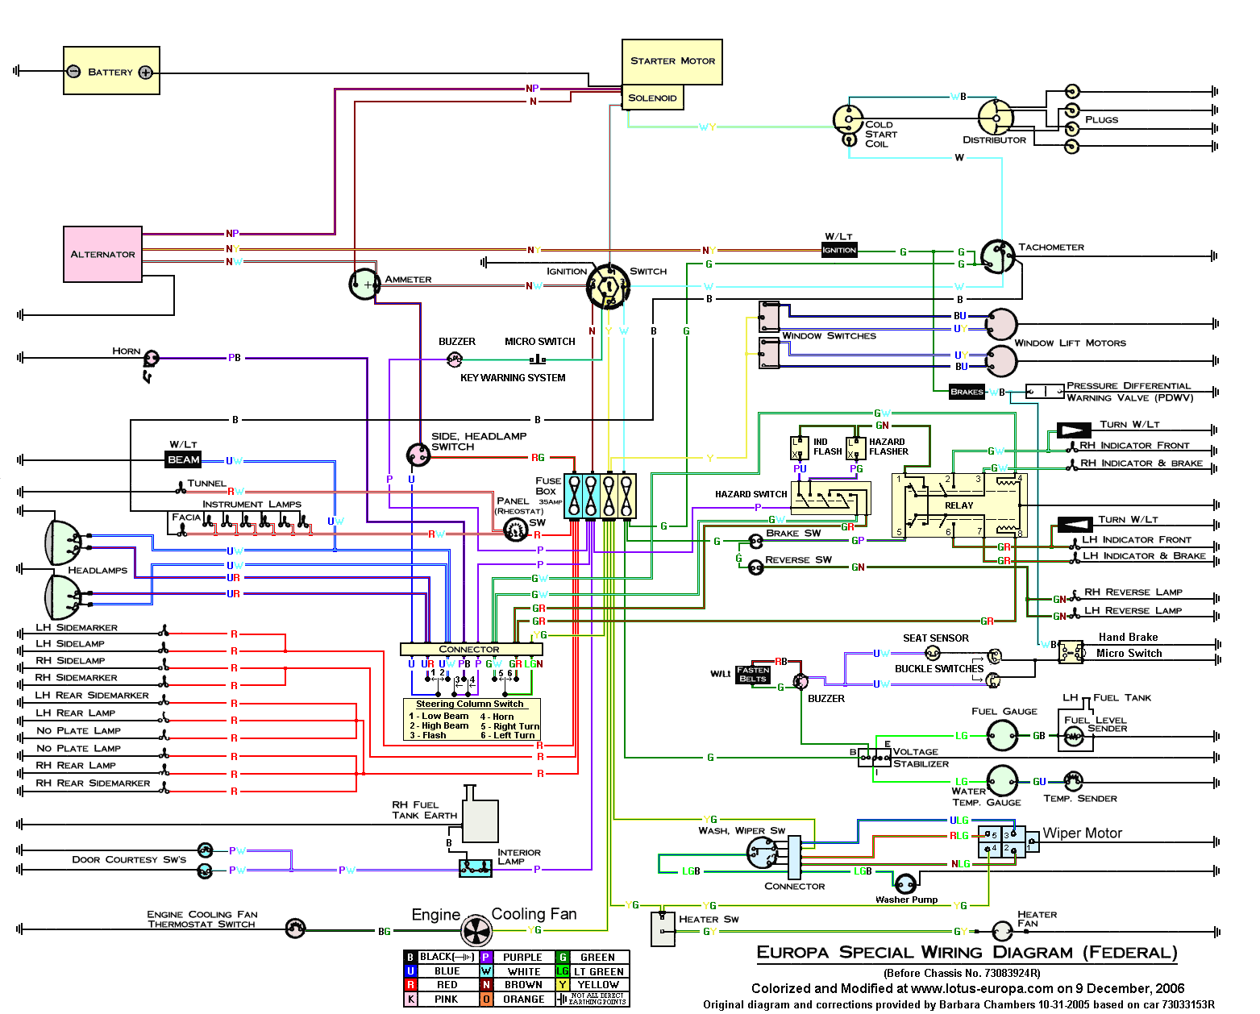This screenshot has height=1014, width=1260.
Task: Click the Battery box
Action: (x=111, y=71)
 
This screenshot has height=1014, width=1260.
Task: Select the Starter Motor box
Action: (x=672, y=61)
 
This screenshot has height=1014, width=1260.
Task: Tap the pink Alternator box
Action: (x=103, y=254)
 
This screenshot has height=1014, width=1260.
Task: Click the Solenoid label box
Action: (x=652, y=98)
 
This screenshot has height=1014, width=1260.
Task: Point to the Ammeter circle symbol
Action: (x=364, y=284)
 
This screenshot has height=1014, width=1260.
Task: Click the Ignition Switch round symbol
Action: (x=608, y=286)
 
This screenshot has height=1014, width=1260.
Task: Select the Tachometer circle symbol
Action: (x=997, y=256)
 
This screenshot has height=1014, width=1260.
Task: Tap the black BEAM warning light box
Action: (x=184, y=460)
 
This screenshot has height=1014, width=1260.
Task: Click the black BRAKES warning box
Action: (x=967, y=393)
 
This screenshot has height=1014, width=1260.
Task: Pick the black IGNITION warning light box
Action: (x=839, y=251)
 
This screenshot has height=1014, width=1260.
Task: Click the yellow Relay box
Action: (x=959, y=505)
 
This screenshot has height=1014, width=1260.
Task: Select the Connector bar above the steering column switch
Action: (x=469, y=650)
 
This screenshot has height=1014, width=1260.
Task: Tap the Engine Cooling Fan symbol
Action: (x=476, y=931)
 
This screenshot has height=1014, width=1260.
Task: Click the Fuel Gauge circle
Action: (x=1002, y=735)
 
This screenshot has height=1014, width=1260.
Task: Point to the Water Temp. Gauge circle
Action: (x=1002, y=780)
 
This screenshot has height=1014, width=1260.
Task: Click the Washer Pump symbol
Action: (x=905, y=883)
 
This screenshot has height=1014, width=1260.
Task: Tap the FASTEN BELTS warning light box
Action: (x=753, y=675)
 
